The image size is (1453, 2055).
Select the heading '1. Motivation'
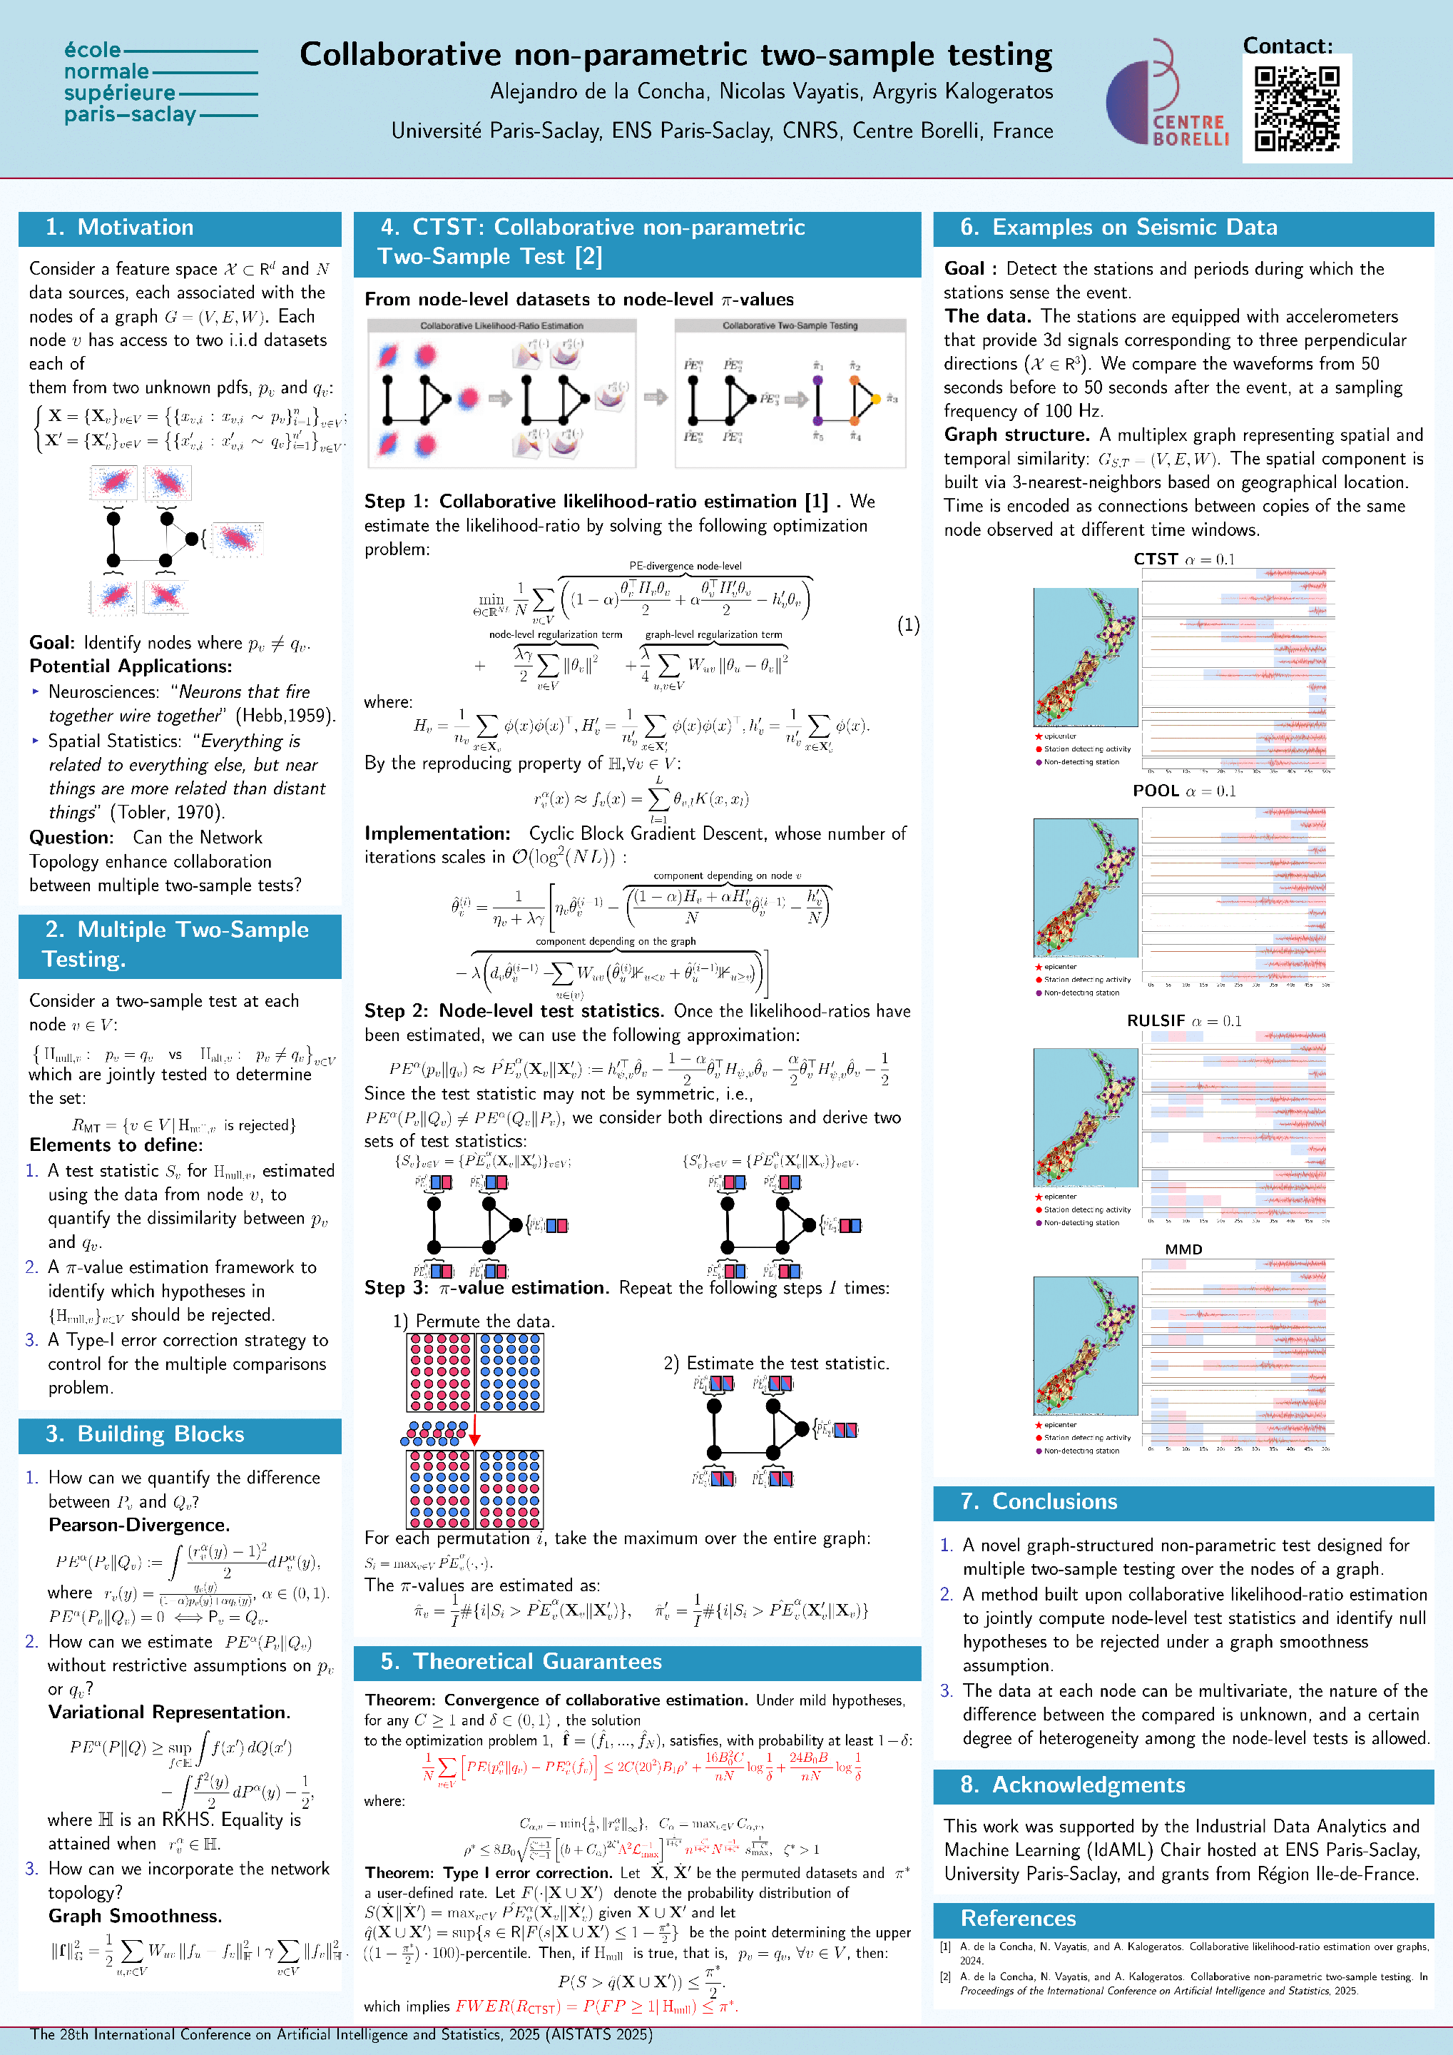[120, 228]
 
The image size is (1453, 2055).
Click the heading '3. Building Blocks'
[145, 1434]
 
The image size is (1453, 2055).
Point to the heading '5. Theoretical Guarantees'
[521, 1661]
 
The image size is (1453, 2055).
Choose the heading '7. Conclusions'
[1039, 1501]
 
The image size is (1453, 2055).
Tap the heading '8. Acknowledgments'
[1073, 1785]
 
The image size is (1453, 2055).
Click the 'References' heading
[1018, 1918]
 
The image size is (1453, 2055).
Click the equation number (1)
[908, 625]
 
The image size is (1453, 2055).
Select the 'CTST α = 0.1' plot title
[1183, 559]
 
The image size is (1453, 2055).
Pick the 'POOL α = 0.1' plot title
[1183, 791]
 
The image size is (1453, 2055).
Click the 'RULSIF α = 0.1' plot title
[1183, 1021]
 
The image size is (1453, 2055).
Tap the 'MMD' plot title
[1183, 1249]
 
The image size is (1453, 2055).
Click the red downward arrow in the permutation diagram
[475, 1430]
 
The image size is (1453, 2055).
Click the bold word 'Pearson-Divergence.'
[138, 1525]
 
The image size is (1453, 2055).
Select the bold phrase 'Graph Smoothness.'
[135, 1917]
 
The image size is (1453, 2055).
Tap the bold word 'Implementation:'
[437, 833]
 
